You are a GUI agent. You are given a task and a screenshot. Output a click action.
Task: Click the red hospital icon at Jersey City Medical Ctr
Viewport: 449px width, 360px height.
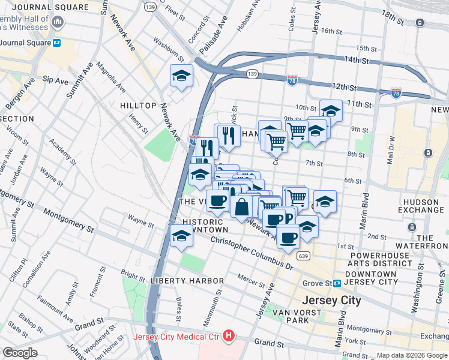[228, 337]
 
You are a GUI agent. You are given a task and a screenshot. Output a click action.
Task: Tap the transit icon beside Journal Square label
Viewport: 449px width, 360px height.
[57, 43]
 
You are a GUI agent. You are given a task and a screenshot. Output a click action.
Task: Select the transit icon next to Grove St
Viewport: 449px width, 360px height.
[337, 283]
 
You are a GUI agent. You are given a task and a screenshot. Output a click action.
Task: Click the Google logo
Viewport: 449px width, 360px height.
[20, 353]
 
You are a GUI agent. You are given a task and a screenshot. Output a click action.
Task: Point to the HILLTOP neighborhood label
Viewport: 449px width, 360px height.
[138, 106]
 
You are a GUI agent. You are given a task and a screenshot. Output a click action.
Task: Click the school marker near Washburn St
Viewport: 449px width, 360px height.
[181, 76]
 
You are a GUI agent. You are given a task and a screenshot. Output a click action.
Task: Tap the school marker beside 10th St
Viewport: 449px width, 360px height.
[331, 111]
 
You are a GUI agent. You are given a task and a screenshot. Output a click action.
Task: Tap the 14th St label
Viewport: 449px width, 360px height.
[356, 60]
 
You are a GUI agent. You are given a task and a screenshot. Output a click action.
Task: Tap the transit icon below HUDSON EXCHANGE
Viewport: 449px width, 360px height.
[412, 227]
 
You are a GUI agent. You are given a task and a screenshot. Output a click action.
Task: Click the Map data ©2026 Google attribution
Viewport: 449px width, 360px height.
[411, 355]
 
